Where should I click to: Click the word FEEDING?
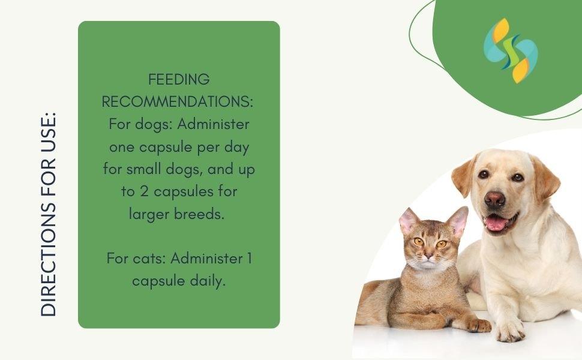click(179, 79)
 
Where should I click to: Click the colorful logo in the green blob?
click(511, 50)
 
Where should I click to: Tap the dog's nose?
click(495, 199)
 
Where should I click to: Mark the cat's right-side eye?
click(441, 244)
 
